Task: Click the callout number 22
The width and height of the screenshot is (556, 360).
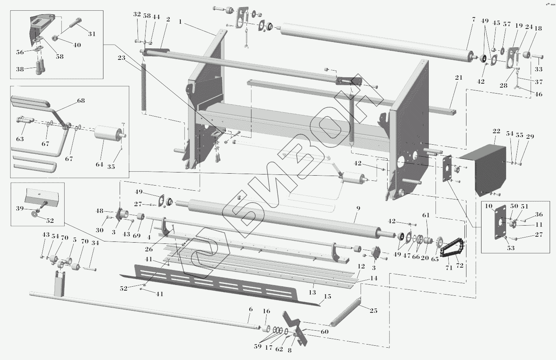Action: click(x=496, y=132)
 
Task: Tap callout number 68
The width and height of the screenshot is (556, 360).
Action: click(x=81, y=101)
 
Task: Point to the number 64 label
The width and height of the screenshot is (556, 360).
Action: click(x=99, y=165)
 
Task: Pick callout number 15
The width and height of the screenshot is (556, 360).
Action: click(x=327, y=297)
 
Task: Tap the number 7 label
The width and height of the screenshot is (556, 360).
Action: click(x=473, y=20)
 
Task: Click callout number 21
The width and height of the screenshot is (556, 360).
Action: click(x=459, y=78)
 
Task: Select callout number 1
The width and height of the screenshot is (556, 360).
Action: click(x=180, y=22)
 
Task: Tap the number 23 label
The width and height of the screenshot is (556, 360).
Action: click(x=121, y=57)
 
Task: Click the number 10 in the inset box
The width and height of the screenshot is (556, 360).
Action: click(x=488, y=206)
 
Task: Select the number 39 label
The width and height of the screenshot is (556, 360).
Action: click(x=19, y=208)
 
